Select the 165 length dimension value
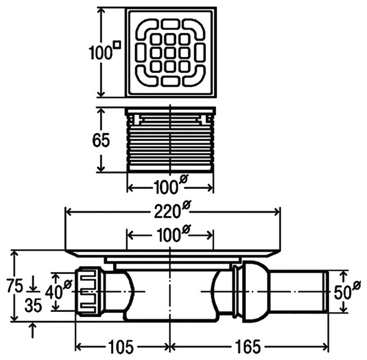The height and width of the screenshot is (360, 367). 248,346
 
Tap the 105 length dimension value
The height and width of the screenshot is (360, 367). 121,346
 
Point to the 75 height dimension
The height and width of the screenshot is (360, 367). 15,286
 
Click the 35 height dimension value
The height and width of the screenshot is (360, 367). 33,305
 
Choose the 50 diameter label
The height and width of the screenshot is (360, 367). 347,290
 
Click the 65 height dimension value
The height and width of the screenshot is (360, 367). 101,140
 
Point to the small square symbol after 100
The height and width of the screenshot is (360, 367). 118,45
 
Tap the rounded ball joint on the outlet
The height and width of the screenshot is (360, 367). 255,292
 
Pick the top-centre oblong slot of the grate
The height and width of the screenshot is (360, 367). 170,24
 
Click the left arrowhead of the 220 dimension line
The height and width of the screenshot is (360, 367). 68,212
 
